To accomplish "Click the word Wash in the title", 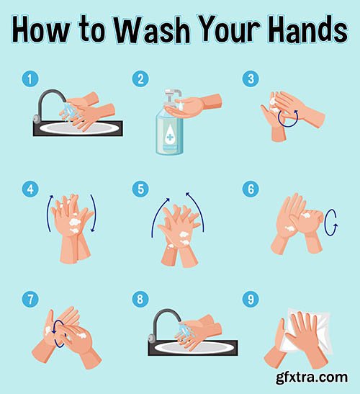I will click(145, 30).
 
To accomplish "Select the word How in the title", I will click(45, 30).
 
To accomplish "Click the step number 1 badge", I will click(29, 79).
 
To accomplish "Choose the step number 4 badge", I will click(29, 189).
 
